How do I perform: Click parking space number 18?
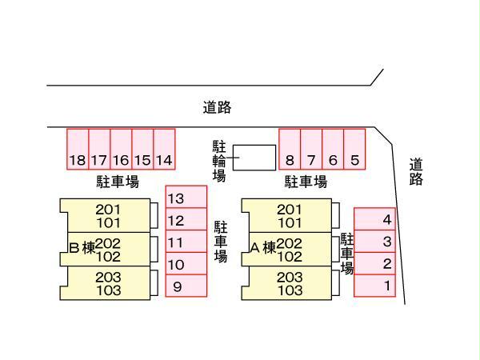[77, 149]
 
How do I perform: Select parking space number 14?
[163, 149]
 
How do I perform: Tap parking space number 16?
[121, 149]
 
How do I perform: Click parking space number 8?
[289, 149]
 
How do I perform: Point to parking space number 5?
[354, 149]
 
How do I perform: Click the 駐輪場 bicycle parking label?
[219, 161]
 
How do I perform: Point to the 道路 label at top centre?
[217, 107]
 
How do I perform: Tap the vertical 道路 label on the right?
[415, 172]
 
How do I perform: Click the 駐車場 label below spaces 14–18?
[118, 182]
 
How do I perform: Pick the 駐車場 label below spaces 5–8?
[306, 182]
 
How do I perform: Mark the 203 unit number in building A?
[290, 278]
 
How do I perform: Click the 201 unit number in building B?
[109, 210]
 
